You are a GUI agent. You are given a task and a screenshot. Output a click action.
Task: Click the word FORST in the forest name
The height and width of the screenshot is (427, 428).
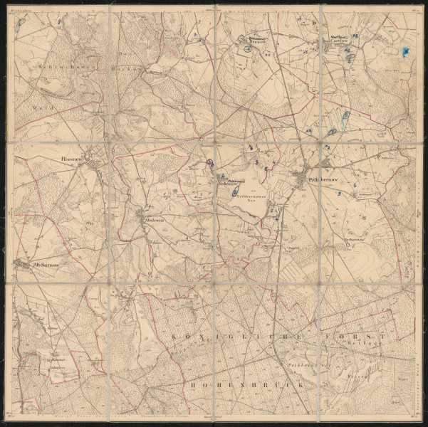(x=354, y=334)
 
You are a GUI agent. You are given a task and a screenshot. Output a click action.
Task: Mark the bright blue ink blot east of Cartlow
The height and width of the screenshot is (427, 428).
(x=405, y=51)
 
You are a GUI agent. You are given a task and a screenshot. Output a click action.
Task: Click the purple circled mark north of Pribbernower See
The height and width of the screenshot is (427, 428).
(x=210, y=162)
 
